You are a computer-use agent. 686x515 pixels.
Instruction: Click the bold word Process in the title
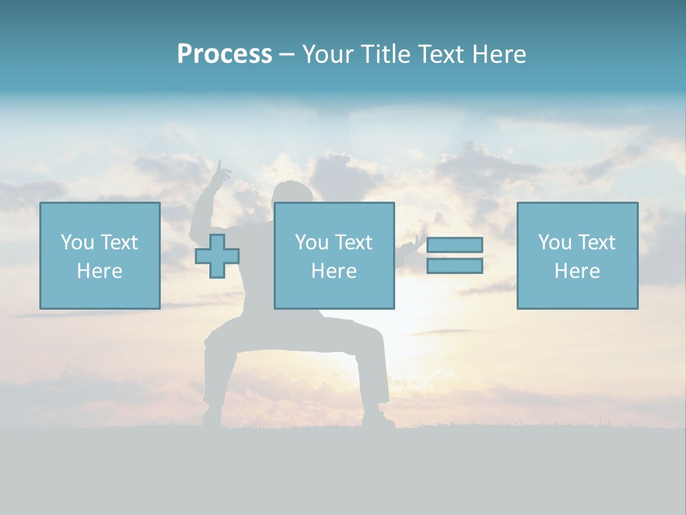224,54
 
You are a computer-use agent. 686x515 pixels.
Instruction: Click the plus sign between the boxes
217,256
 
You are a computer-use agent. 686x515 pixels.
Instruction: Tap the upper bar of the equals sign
454,245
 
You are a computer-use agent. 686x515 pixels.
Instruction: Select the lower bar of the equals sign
454,266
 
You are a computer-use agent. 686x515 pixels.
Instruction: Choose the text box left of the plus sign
99,255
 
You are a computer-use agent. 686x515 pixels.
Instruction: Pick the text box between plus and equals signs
334,255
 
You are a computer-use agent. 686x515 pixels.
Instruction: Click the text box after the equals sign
577,255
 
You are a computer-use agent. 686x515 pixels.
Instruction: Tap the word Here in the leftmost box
99,271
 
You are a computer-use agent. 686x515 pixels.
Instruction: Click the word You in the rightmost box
555,242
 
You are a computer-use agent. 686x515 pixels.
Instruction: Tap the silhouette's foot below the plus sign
212,417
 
